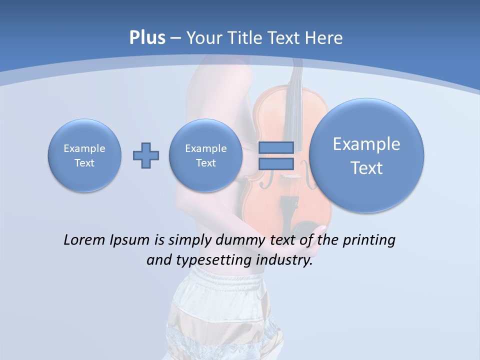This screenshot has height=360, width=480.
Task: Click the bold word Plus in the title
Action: point(147,38)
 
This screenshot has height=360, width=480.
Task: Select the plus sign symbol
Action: point(146,155)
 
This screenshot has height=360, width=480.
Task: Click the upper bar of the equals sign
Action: point(276,147)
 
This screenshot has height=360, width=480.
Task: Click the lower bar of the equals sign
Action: point(276,163)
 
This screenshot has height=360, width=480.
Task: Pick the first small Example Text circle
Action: point(84,155)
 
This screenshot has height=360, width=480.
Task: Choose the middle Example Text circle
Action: point(205,155)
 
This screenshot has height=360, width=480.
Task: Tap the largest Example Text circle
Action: point(366,155)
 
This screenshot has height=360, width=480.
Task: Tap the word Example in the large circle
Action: point(366,144)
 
